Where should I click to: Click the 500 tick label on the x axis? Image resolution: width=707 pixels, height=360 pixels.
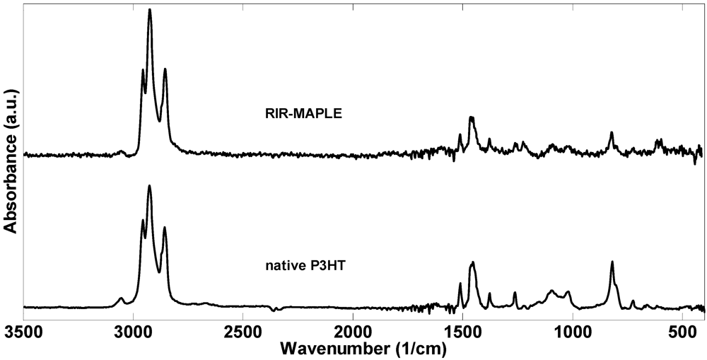(x=682, y=331)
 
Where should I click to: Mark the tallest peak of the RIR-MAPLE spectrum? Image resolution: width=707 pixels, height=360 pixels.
(x=150, y=10)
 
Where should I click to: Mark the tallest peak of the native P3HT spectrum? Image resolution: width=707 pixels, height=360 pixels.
(x=150, y=185)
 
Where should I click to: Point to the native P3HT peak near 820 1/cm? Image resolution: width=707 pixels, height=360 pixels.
(x=612, y=262)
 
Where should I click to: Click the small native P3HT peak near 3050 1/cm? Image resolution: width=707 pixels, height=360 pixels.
(x=122, y=298)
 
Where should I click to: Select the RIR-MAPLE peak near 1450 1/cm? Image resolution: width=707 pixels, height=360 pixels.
(x=472, y=117)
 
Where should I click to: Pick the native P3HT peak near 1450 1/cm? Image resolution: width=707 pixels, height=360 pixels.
(x=472, y=262)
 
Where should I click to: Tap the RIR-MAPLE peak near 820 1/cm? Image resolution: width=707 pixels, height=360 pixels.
(x=612, y=133)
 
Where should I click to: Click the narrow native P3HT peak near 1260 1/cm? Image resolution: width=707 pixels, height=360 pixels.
(x=515, y=292)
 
